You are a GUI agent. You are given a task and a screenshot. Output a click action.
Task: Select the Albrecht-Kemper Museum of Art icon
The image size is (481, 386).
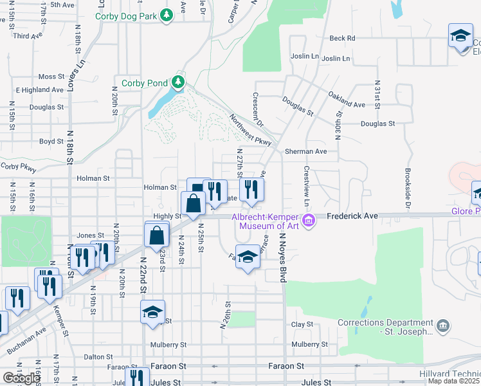(x=309, y=221)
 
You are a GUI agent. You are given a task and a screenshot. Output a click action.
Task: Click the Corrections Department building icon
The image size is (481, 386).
(x=442, y=327)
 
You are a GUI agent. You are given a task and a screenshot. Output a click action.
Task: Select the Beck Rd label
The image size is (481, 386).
(x=342, y=38)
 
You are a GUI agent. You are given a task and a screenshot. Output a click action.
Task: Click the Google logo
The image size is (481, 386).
(x=21, y=378)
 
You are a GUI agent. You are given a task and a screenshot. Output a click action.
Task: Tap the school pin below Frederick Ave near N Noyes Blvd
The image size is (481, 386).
(x=248, y=257)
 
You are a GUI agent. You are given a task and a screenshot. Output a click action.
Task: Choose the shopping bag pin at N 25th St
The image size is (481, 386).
(x=194, y=204)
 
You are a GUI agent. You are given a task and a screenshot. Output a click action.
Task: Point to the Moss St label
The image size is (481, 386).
(x=51, y=76)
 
